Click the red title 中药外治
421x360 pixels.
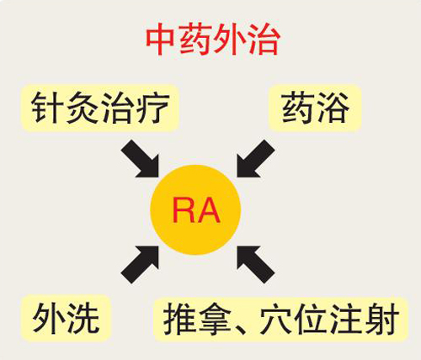(x=213, y=40)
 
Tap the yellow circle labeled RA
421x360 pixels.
(x=195, y=209)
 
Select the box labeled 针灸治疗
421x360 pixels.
(x=100, y=108)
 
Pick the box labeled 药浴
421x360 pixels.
(x=315, y=108)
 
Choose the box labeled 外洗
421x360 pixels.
(x=66, y=318)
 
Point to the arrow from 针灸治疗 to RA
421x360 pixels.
(x=141, y=159)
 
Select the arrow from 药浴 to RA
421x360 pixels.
(x=255, y=159)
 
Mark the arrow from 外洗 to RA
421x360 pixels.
(x=141, y=264)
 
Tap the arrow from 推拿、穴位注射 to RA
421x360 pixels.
(x=255, y=264)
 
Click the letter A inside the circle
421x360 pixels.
(x=208, y=210)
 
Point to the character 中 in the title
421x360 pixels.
(x=160, y=40)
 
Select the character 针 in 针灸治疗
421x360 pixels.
(x=47, y=108)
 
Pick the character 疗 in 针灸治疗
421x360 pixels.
(x=153, y=108)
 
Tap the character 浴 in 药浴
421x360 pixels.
(x=333, y=108)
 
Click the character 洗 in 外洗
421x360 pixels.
(x=83, y=318)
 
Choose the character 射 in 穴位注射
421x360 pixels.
(x=382, y=319)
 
